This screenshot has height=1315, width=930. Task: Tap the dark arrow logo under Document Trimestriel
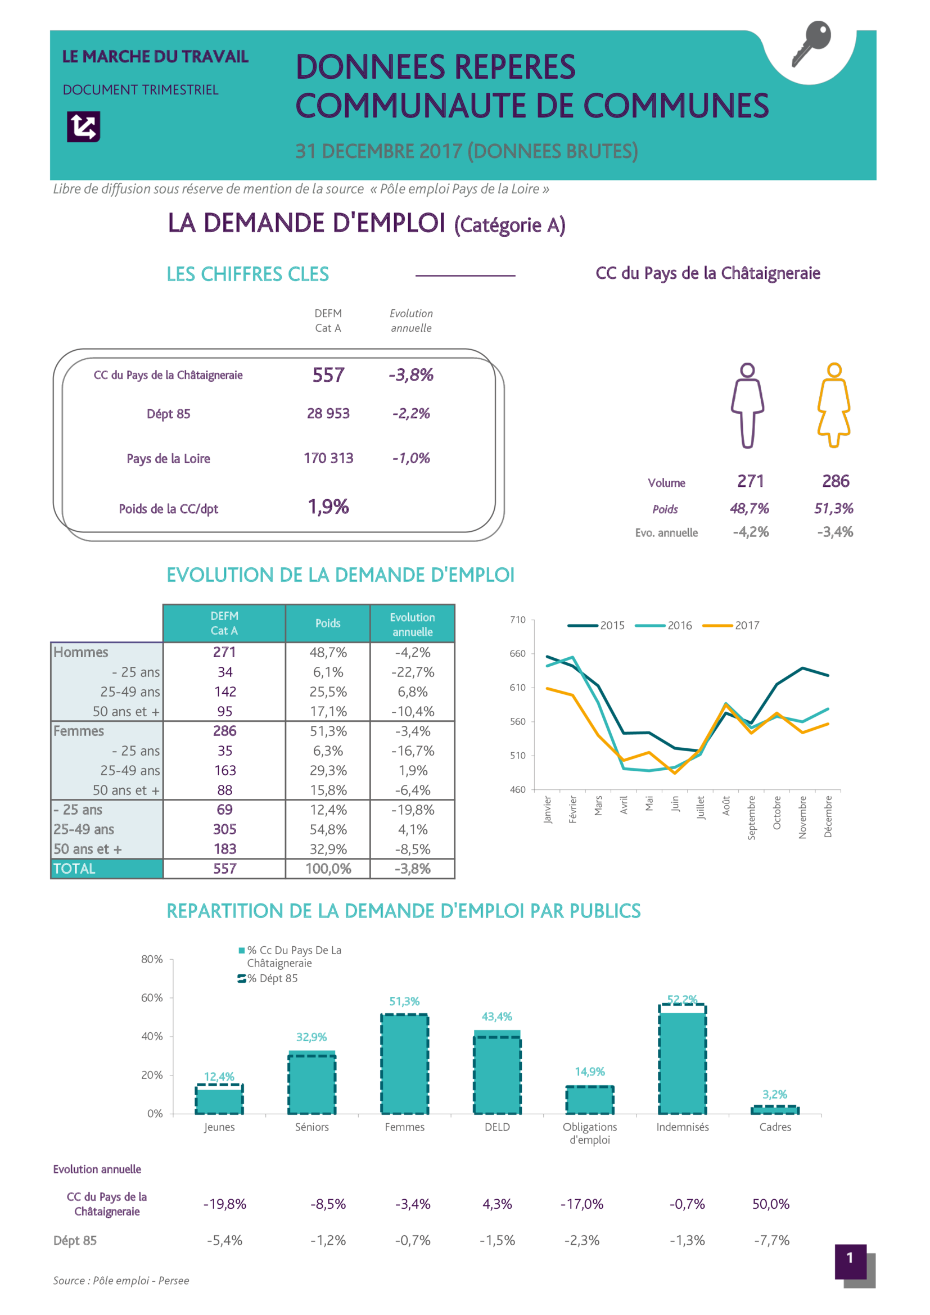click(84, 126)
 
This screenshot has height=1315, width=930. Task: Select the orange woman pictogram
click(834, 405)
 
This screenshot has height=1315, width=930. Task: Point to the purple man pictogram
click(747, 405)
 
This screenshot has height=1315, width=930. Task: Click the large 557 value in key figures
click(328, 375)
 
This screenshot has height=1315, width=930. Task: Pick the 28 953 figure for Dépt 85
click(328, 414)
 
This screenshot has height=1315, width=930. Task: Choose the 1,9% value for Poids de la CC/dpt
click(328, 507)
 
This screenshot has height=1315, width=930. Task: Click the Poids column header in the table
click(328, 623)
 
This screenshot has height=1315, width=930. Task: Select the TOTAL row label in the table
click(74, 869)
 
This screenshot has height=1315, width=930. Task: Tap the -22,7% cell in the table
click(412, 672)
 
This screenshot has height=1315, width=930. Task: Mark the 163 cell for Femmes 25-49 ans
click(225, 770)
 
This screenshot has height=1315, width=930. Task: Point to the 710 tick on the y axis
click(518, 620)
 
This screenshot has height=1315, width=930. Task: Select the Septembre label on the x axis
click(751, 818)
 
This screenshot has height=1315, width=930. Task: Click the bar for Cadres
click(775, 1110)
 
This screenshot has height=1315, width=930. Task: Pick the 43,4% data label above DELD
click(496, 1016)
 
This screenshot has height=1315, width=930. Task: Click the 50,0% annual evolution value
click(771, 1204)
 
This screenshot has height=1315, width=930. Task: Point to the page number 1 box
click(850, 1258)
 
